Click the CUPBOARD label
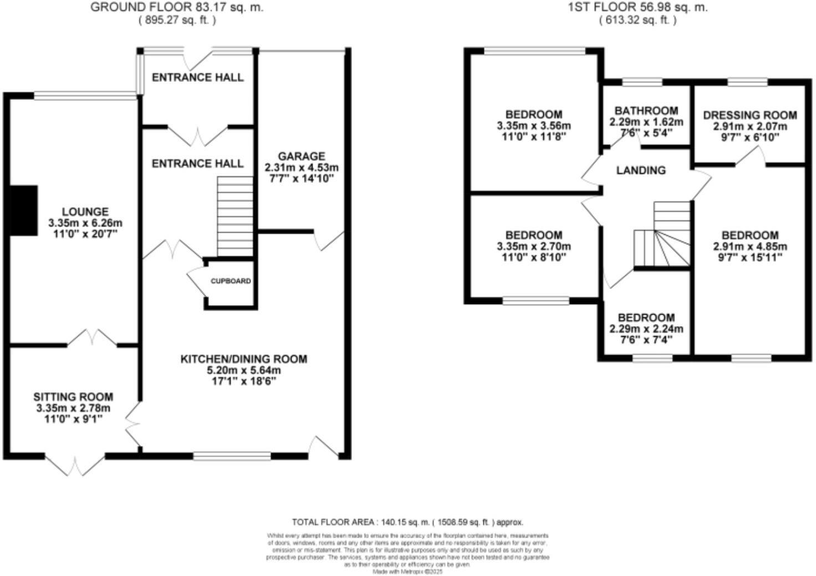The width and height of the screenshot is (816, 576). pos(231,281)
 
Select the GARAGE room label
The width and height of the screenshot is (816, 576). pos(302,156)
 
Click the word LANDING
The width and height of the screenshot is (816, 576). pos(641,171)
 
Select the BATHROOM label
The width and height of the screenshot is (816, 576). pos(646,111)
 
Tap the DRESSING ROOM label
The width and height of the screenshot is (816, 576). pos(749,115)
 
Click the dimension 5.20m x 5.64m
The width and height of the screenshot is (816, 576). pos(243,370)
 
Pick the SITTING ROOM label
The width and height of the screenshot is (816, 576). pos(73,397)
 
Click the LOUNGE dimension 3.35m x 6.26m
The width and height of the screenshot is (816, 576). pos(85,223)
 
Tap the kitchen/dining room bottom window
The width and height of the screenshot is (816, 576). pos(232,456)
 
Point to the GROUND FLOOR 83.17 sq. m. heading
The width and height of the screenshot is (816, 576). pos(177,8)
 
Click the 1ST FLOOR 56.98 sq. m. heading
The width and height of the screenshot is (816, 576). pos(637,8)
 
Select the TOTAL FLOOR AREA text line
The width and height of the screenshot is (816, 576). pos(407,522)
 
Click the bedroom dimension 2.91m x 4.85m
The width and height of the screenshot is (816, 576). pos(749,246)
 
